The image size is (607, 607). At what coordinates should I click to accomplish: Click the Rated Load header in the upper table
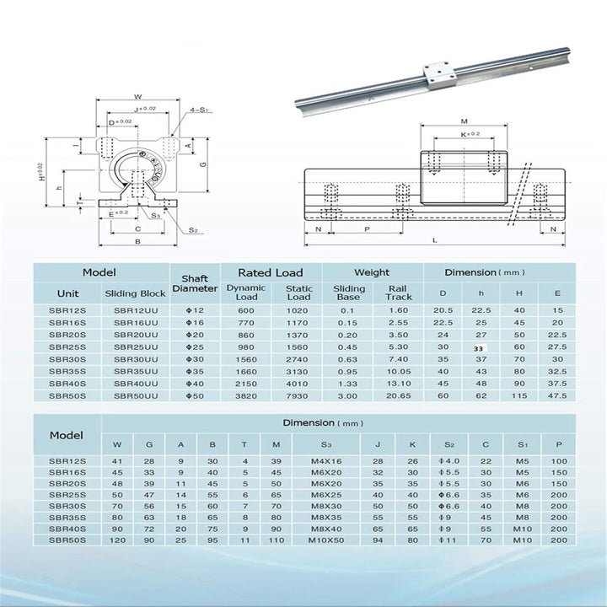point(270,272)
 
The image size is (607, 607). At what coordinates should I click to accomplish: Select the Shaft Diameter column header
point(195,283)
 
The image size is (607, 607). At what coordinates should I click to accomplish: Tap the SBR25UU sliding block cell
point(135,346)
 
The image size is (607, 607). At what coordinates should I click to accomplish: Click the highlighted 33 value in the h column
point(480,346)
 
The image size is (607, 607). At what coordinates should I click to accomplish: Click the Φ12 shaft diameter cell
point(195,310)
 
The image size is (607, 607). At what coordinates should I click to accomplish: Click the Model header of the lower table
point(67,435)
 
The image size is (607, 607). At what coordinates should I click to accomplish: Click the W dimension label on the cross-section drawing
point(137,95)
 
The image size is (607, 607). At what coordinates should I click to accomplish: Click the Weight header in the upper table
point(372,272)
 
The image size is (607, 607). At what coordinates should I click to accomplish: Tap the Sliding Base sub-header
point(348,293)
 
